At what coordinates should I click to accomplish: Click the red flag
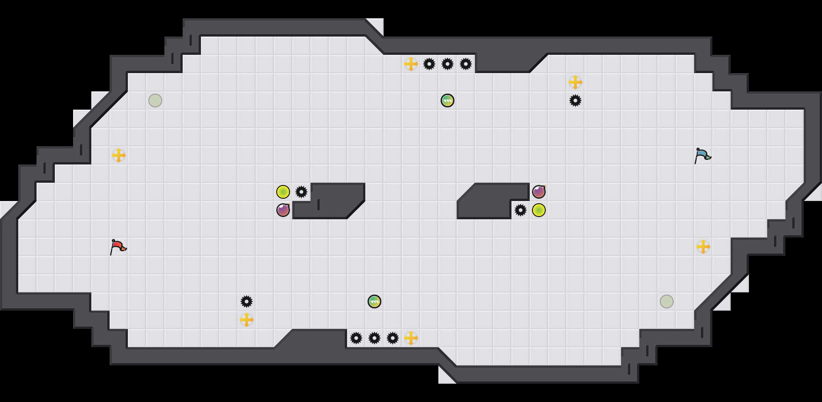tap(118, 247)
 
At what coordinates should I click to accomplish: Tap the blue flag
tap(702, 155)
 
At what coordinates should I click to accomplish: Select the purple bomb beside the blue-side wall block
tap(539, 192)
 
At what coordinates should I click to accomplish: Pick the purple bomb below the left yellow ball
tap(283, 210)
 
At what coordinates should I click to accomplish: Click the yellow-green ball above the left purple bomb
tap(283, 192)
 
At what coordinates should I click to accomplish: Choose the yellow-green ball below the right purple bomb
tap(539, 210)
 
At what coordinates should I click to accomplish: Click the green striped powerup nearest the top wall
tap(448, 100)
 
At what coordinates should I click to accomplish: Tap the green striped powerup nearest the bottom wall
tap(374, 301)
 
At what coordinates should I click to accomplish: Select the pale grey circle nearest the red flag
tap(155, 100)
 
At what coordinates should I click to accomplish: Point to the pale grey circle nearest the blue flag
tap(667, 301)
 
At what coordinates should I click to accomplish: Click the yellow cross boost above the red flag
tap(119, 155)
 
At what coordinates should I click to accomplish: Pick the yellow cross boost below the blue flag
tap(703, 247)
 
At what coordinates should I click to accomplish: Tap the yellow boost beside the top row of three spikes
tap(411, 64)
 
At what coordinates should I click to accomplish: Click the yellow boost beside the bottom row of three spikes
tap(411, 338)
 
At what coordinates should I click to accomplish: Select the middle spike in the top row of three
tap(448, 64)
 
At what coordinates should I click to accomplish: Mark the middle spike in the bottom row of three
tap(374, 338)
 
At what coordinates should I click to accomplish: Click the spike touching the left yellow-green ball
tap(301, 192)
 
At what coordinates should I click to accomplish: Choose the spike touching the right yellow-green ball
tap(521, 210)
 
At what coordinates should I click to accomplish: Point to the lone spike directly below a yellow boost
tap(575, 100)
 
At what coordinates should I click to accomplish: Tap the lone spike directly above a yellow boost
tap(247, 301)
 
